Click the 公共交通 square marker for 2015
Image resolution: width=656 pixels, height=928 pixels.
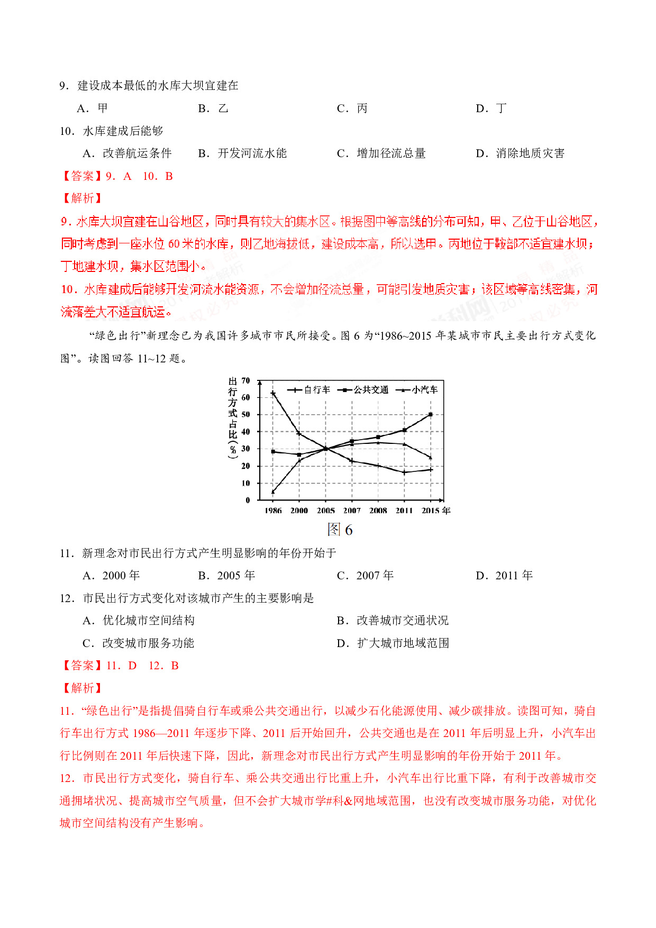[431, 414]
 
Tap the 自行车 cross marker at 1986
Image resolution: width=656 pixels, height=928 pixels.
[273, 393]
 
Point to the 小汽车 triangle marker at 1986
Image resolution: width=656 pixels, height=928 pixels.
[273, 492]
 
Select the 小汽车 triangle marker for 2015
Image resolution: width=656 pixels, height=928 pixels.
[431, 457]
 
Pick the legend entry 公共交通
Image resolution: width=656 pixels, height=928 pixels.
[365, 390]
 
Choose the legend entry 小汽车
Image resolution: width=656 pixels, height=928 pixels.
[418, 390]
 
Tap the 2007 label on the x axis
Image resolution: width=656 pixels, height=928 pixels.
[352, 511]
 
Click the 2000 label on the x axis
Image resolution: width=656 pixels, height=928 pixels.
[299, 511]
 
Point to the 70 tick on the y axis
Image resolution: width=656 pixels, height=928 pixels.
[245, 380]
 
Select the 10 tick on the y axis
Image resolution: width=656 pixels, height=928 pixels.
[245, 483]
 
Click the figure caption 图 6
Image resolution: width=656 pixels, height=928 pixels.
[340, 530]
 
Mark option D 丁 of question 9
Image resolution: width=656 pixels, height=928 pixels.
[491, 108]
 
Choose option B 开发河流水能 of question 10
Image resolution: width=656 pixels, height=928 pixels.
[242, 153]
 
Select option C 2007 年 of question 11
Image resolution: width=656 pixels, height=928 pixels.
[366, 576]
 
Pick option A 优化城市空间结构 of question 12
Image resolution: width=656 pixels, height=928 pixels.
[139, 621]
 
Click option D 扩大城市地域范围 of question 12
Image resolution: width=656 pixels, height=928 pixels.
[393, 643]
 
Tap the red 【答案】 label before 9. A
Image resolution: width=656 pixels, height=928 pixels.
[82, 176]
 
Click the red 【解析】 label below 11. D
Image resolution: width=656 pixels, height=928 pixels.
[82, 688]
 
